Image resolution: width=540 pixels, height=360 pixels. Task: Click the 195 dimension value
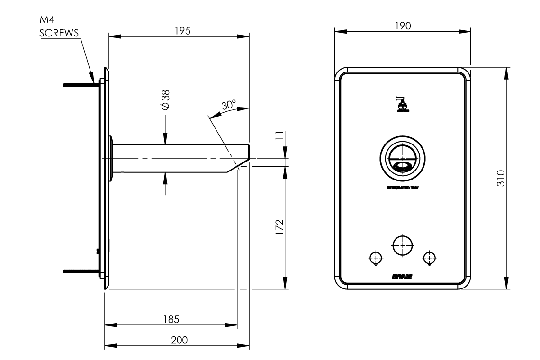[182, 31]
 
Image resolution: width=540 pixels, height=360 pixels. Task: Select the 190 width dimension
[403, 25]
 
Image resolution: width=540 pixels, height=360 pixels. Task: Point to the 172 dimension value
[279, 227]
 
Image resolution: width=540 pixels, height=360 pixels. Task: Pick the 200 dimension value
[179, 340]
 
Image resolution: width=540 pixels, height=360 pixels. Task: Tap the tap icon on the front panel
[402, 104]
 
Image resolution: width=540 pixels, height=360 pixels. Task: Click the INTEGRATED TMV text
[403, 188]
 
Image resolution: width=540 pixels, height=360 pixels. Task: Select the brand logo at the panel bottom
[402, 277]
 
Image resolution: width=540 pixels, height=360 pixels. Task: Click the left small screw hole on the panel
[375, 257]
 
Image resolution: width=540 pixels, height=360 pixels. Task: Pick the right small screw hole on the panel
[429, 257]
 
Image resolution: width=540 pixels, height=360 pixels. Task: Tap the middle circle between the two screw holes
[402, 245]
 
